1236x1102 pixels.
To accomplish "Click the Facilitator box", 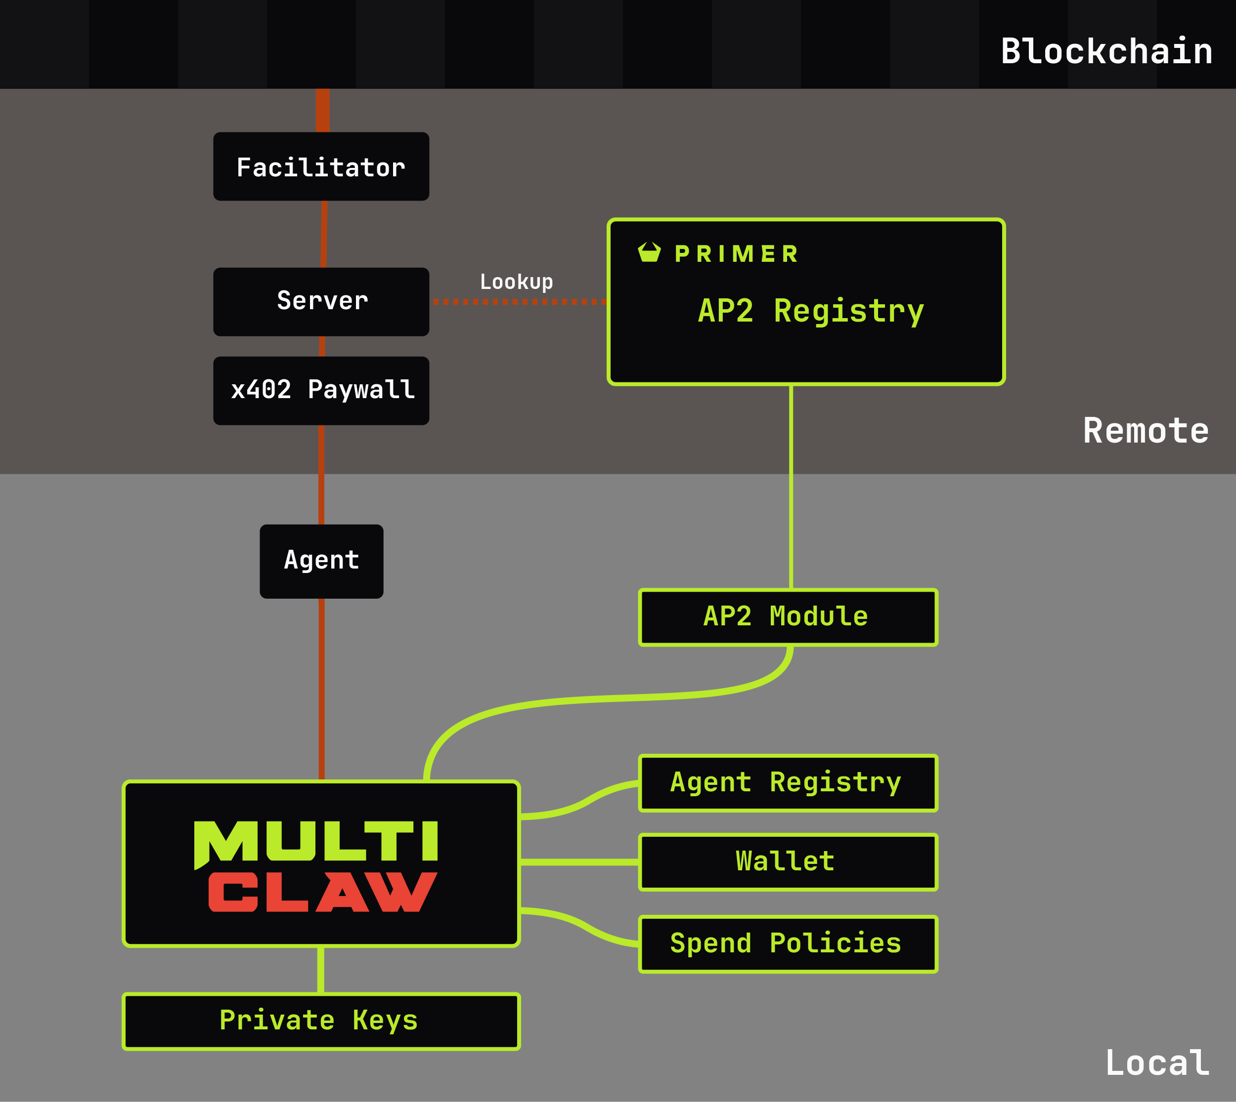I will point(321,166).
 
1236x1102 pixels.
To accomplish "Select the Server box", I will point(321,301).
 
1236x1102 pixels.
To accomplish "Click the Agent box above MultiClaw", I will point(321,561).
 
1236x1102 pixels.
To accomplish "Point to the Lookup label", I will point(516,282).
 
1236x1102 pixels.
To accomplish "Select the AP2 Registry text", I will point(811,311).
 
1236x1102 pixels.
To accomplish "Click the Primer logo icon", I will point(649,252).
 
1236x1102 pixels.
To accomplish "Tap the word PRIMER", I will point(737,254).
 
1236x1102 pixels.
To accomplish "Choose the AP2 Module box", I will point(788,617).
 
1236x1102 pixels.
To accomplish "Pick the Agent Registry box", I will point(788,783).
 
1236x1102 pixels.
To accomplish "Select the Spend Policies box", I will point(788,944).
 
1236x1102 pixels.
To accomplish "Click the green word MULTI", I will point(316,842).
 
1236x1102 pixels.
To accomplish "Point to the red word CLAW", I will point(322,892).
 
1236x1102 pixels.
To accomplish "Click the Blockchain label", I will point(1106,51).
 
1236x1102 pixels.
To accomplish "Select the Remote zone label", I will point(1146,431).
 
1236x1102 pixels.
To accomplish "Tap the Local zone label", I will point(1156,1063).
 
